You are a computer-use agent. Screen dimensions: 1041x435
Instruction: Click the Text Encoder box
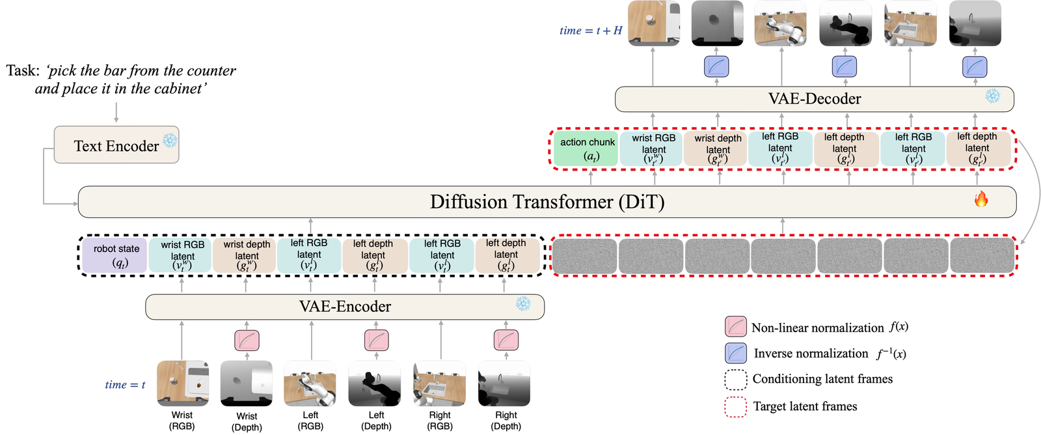point(116,145)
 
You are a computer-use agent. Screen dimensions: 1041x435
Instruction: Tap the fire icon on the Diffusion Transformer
point(981,199)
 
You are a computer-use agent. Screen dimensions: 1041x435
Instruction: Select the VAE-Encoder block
point(345,307)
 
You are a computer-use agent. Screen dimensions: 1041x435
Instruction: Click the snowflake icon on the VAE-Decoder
point(993,96)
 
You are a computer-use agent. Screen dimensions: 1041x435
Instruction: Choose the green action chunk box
point(586,149)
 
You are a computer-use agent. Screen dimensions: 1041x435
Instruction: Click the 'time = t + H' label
point(591,31)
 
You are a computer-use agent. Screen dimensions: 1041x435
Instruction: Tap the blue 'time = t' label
point(125,385)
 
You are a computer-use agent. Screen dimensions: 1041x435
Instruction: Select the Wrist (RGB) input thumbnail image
point(183,384)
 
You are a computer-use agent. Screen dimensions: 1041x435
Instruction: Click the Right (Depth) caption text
point(506,421)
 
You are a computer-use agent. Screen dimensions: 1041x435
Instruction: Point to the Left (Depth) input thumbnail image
point(375,384)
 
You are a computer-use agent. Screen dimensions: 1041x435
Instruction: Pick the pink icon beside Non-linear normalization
point(736,327)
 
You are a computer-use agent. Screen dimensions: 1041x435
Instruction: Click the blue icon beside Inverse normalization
point(736,353)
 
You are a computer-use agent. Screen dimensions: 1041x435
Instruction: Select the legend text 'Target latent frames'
point(805,406)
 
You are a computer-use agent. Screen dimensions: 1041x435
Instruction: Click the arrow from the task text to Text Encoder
point(116,113)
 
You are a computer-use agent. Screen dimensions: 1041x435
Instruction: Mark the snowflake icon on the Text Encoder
point(170,140)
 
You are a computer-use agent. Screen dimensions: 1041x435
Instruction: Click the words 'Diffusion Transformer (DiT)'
point(547,202)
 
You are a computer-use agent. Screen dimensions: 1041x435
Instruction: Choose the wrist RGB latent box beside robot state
point(182,255)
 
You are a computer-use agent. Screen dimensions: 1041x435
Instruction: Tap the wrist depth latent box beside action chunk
point(718,149)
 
